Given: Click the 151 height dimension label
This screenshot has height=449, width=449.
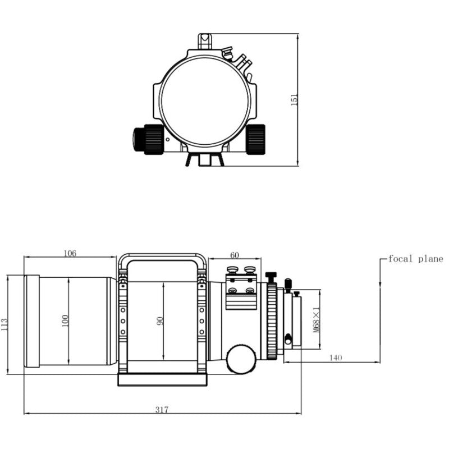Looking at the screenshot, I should [294, 99].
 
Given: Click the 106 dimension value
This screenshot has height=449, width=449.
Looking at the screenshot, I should [70, 253].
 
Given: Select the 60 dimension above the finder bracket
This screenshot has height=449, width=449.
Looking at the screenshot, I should [235, 255].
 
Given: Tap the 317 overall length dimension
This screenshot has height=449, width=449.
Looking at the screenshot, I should [162, 410].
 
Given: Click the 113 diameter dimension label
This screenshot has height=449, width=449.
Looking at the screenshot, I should [5, 324].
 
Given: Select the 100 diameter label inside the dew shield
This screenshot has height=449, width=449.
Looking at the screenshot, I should [65, 320].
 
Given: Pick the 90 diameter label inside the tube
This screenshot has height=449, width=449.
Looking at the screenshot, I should [159, 320].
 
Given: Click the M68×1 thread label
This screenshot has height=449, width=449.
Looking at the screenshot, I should [316, 320].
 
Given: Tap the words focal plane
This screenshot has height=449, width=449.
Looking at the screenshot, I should [415, 259].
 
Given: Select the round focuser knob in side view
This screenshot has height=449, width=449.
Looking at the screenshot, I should [241, 360].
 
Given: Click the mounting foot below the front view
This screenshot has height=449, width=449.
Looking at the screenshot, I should [204, 160].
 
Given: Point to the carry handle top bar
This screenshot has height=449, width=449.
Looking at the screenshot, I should [162, 256].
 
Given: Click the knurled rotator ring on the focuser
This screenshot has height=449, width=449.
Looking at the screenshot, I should [273, 321].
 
